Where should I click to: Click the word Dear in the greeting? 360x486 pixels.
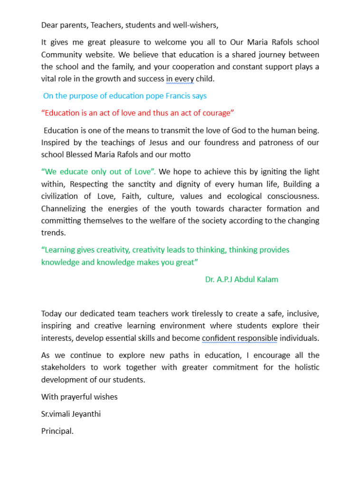point(49,25)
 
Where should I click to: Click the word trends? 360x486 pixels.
point(53,233)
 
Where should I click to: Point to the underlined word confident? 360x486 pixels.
point(219,338)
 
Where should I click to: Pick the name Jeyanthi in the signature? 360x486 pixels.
point(85,414)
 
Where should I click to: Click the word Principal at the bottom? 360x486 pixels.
point(57,431)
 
